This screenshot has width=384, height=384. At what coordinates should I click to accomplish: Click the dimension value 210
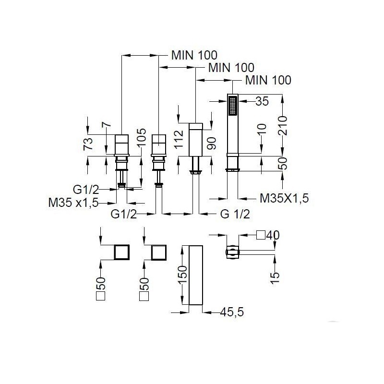point(283,126)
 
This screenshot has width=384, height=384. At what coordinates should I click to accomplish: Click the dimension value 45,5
point(232,312)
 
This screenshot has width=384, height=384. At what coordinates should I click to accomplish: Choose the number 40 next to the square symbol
point(273,235)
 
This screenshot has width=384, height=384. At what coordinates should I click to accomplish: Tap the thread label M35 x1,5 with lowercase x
point(73,203)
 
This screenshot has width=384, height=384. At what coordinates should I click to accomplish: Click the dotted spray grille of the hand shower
point(232,105)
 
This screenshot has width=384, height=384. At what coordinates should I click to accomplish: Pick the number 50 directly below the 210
point(283,164)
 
